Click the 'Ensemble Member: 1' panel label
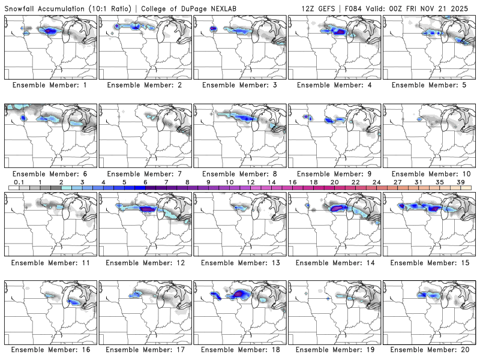point(50,85)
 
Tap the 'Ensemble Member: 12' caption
point(145,262)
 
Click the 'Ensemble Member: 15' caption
point(429,262)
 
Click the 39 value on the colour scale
point(461,182)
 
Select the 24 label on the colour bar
point(376,182)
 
